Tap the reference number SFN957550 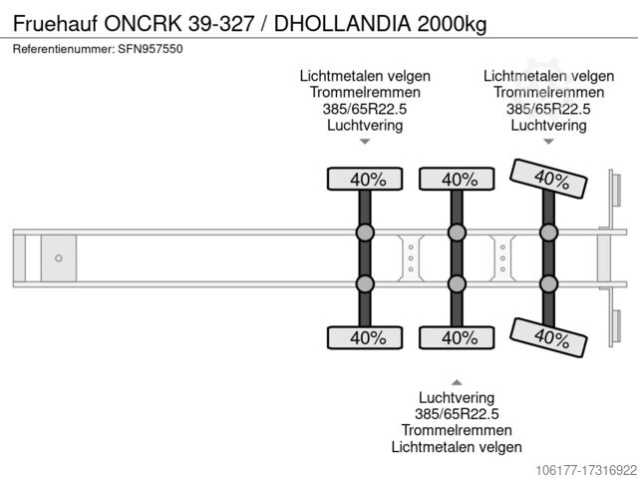click(x=151, y=49)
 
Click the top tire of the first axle click(x=365, y=180)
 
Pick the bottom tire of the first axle click(x=365, y=337)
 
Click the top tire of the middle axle click(x=457, y=180)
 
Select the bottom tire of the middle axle click(x=457, y=337)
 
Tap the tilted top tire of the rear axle click(x=547, y=180)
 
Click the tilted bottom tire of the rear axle click(x=547, y=336)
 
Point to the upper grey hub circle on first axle click(x=365, y=233)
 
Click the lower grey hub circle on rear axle click(x=547, y=284)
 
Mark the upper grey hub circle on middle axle click(x=457, y=233)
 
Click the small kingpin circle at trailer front click(x=58, y=258)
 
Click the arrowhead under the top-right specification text click(x=547, y=143)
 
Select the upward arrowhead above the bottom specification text click(x=457, y=381)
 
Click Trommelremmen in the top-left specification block click(x=365, y=93)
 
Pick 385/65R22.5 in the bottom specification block click(x=457, y=413)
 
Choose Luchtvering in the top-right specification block click(x=547, y=125)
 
